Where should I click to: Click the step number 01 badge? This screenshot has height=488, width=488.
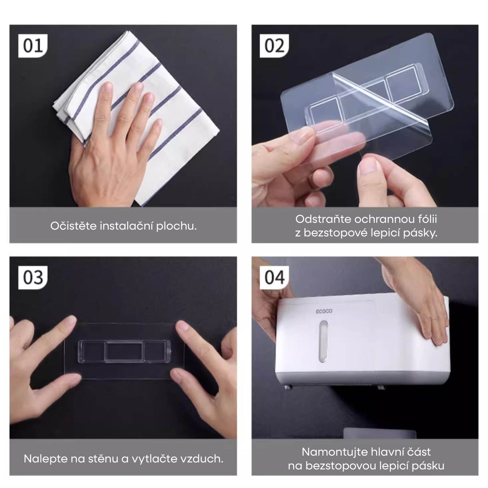[x=33, y=46]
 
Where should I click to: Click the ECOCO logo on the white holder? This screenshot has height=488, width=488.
[x=324, y=311]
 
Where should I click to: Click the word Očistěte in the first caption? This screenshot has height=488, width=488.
[x=73, y=226]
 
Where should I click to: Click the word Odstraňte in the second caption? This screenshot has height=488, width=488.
[x=323, y=219]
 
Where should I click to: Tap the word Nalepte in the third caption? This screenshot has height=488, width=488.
[x=46, y=459]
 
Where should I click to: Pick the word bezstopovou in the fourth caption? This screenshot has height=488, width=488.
[x=338, y=466]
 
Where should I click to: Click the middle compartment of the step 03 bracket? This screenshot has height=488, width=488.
[x=124, y=351]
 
